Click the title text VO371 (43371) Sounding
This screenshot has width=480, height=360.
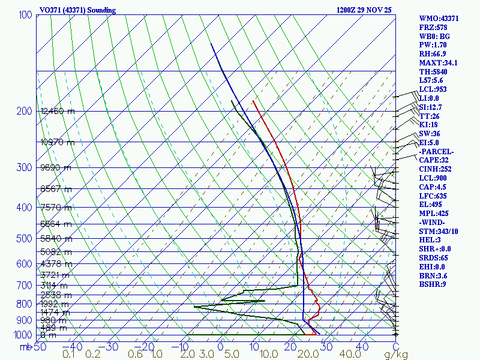click(77, 10)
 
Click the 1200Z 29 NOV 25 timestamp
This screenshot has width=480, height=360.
click(365, 10)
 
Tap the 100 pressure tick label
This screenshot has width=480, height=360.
click(25, 14)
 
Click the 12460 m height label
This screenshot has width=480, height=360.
click(58, 111)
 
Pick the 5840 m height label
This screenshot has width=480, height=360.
click(56, 238)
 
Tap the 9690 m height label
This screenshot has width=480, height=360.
click(56, 168)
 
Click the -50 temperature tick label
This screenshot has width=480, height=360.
click(40, 347)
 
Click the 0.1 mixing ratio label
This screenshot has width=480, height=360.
click(68, 355)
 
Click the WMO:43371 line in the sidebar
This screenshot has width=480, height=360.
click(439, 19)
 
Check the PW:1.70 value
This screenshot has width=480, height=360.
click(434, 45)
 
